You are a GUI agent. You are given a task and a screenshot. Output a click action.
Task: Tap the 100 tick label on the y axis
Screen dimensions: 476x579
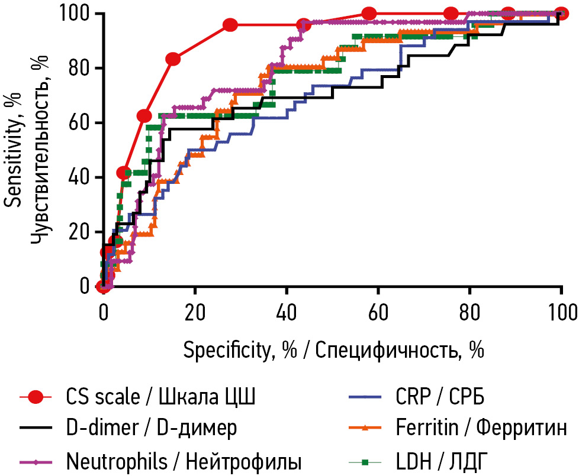coord(72,14)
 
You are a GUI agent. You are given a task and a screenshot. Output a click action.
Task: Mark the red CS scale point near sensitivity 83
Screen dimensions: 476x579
coord(173,59)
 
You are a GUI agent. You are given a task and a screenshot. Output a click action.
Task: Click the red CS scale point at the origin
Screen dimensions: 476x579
coord(102,286)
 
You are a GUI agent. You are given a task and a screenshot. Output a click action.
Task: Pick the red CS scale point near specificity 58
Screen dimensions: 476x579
coord(369,13)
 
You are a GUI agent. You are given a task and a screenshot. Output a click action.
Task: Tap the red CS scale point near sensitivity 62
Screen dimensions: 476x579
coord(144,116)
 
